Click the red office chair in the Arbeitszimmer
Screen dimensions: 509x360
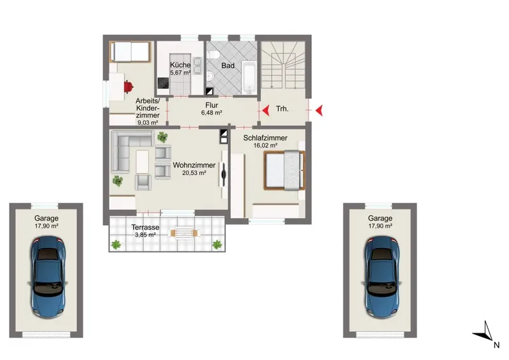click(129, 87)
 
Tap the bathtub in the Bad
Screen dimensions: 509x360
click(249, 80)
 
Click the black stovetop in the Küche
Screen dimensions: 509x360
click(164, 83)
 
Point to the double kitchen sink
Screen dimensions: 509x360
click(197, 66)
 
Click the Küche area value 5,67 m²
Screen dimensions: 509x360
click(180, 73)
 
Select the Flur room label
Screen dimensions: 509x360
click(212, 105)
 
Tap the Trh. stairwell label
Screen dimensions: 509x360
click(282, 109)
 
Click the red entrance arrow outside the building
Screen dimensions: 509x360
click(319, 111)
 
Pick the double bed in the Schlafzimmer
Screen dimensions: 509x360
click(284, 170)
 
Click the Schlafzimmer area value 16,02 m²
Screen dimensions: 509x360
click(265, 146)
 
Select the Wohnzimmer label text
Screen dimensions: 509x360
click(194, 165)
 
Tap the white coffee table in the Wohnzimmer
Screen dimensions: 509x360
click(142, 162)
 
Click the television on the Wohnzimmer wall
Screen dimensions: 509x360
click(223, 174)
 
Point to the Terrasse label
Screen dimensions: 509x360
click(145, 227)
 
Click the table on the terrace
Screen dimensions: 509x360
click(184, 233)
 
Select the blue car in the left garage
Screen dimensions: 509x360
click(48, 276)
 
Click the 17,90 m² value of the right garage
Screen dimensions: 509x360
click(380, 226)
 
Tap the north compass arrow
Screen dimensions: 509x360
click(484, 333)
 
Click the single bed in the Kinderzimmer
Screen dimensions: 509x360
click(130, 52)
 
